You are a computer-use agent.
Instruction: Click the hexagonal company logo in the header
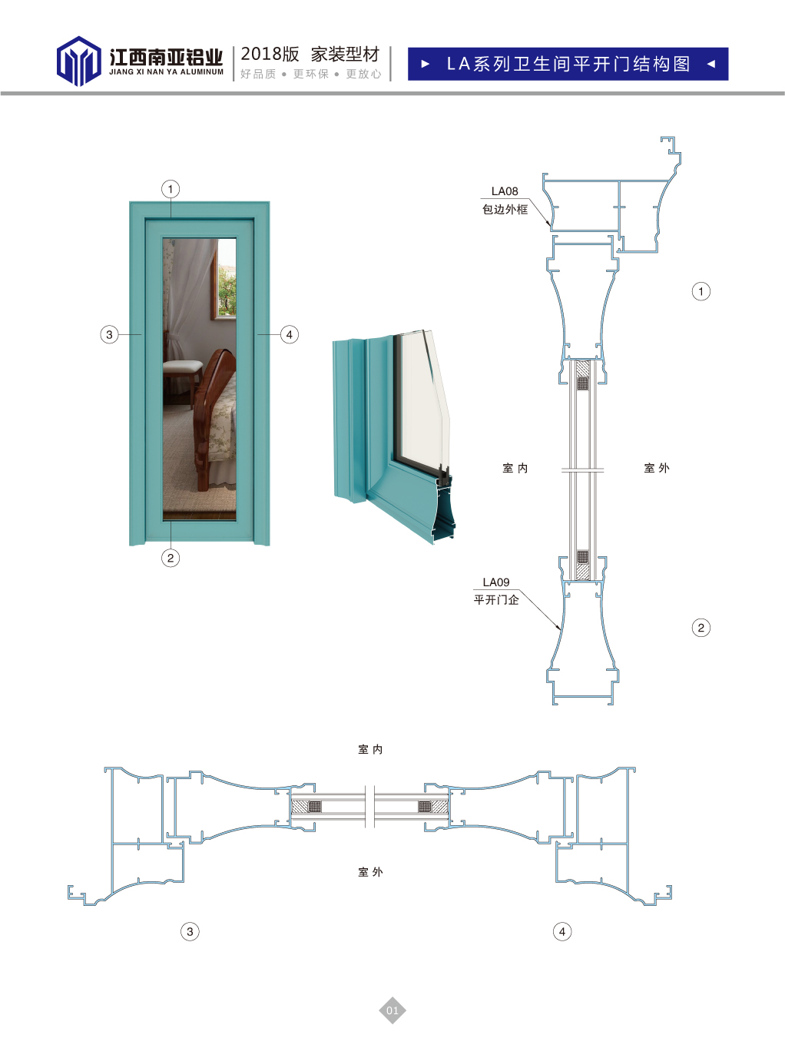(x=78, y=61)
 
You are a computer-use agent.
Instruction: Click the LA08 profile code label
(x=505, y=191)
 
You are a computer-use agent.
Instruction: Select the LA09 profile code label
(x=496, y=582)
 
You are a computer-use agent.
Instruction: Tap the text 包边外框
(x=505, y=210)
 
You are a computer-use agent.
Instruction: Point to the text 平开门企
(x=496, y=599)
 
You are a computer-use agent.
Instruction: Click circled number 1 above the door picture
(x=171, y=189)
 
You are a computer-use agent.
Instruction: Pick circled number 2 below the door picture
(x=171, y=558)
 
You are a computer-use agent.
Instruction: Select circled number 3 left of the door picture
(x=109, y=334)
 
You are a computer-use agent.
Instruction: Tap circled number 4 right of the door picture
(x=289, y=334)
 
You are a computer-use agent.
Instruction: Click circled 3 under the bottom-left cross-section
(x=190, y=931)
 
